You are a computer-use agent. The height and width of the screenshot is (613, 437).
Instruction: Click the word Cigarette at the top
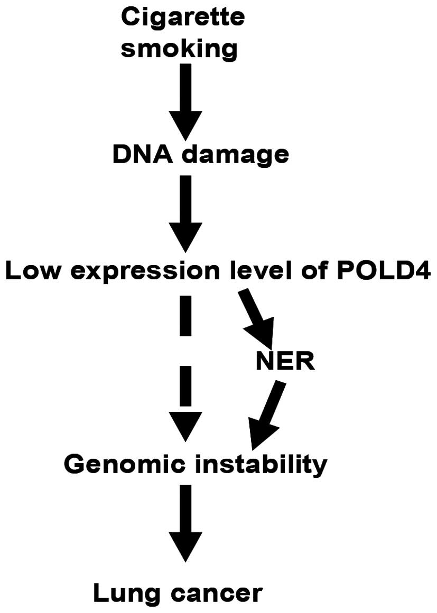pyautogui.click(x=183, y=19)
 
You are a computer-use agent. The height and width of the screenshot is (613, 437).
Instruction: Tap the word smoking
pyautogui.click(x=183, y=49)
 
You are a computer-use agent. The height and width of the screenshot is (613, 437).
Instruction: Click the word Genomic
pyautogui.click(x=122, y=465)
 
